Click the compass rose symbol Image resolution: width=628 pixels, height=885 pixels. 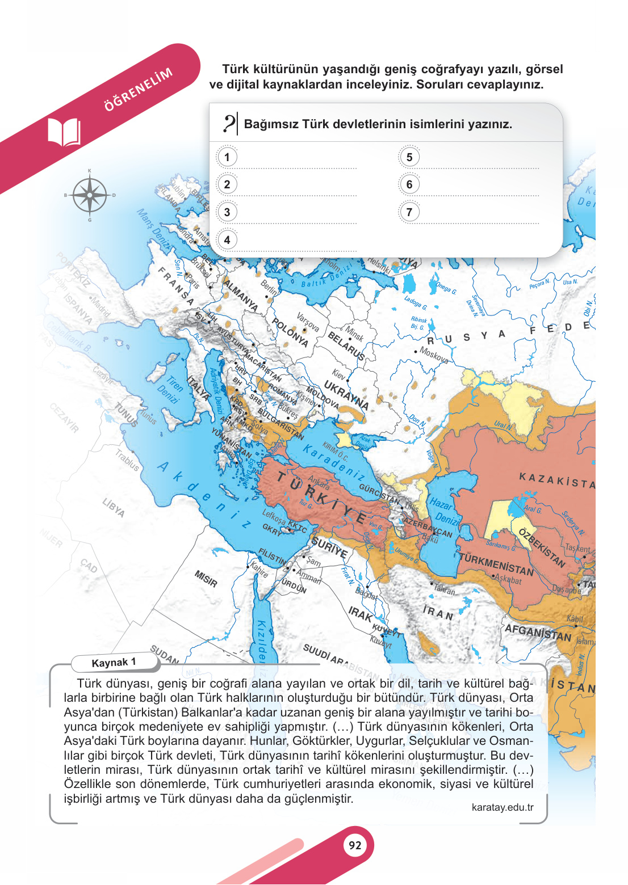[x=90, y=195]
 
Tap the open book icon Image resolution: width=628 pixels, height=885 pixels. [x=64, y=132]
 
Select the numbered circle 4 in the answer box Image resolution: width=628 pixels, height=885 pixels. [x=227, y=239]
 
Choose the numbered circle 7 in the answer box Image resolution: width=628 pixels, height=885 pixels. [x=409, y=212]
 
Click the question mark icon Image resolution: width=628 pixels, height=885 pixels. [x=229, y=123]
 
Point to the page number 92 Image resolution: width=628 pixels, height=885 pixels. [x=355, y=845]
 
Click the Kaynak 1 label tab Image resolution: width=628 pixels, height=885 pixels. [x=114, y=663]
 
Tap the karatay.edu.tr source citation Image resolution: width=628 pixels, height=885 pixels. [x=502, y=807]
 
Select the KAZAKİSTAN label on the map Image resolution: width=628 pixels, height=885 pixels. [x=556, y=481]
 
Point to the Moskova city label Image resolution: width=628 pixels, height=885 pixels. [x=434, y=355]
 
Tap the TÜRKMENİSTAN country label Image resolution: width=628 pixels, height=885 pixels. [x=496, y=564]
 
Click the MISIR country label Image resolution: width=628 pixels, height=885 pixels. [x=206, y=579]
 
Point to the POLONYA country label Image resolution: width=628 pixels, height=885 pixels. [x=290, y=332]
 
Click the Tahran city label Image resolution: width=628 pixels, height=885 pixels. [x=445, y=590]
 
